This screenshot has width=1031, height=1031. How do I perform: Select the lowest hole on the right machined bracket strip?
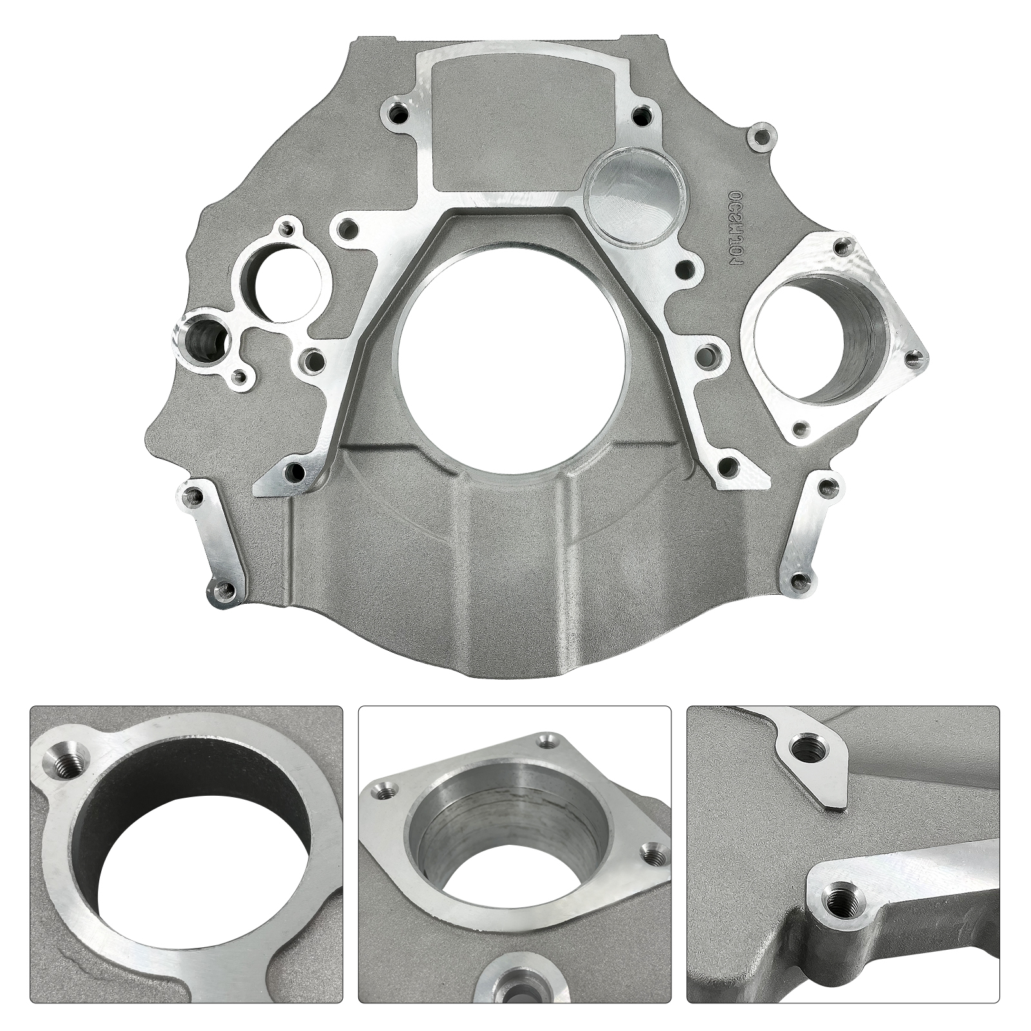coord(800,579)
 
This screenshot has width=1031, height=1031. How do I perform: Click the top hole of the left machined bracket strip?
coord(191,495)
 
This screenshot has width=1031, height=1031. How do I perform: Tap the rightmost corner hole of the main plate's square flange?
coord(912,356)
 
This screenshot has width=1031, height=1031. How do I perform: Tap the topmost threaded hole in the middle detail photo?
coord(548,743)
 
